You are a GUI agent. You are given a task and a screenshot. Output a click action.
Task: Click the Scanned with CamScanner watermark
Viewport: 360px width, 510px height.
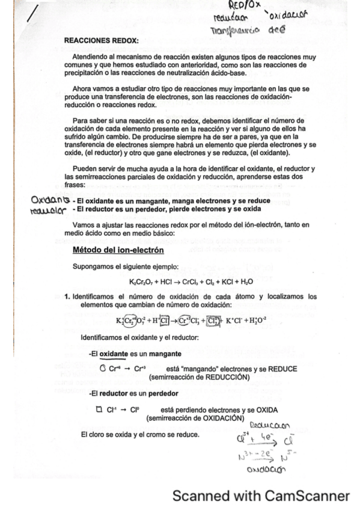[x=260, y=496]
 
